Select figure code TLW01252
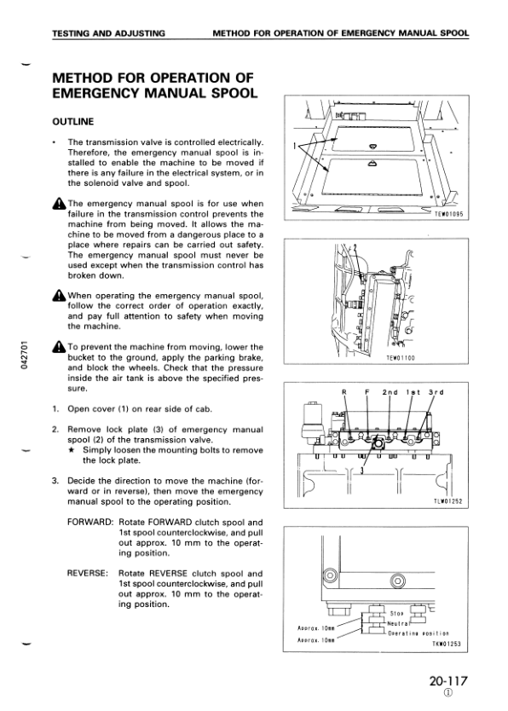point(447,500)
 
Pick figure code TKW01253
point(446,645)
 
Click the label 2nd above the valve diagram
point(390,392)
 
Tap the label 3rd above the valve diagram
point(436,392)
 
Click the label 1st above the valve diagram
point(413,392)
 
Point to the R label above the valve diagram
point(344,392)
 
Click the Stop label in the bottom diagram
point(396,612)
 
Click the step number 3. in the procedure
point(55,481)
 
